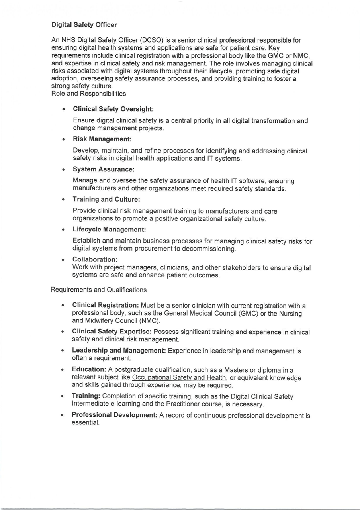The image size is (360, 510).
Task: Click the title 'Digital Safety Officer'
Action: tap(84, 25)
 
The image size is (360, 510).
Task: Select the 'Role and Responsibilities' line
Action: tap(88, 94)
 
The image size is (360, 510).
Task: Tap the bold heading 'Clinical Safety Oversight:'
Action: tap(113, 109)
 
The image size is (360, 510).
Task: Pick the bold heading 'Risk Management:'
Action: tap(102, 139)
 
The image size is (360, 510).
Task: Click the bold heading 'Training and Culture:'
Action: tap(106, 199)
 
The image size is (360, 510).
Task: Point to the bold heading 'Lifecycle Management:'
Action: tap(109, 229)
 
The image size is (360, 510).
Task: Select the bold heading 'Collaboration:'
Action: tap(95, 259)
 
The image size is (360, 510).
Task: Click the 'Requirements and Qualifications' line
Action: tap(98, 290)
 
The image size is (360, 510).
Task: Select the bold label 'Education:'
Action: tap(89, 370)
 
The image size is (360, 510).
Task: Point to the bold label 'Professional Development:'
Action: tap(115, 415)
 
